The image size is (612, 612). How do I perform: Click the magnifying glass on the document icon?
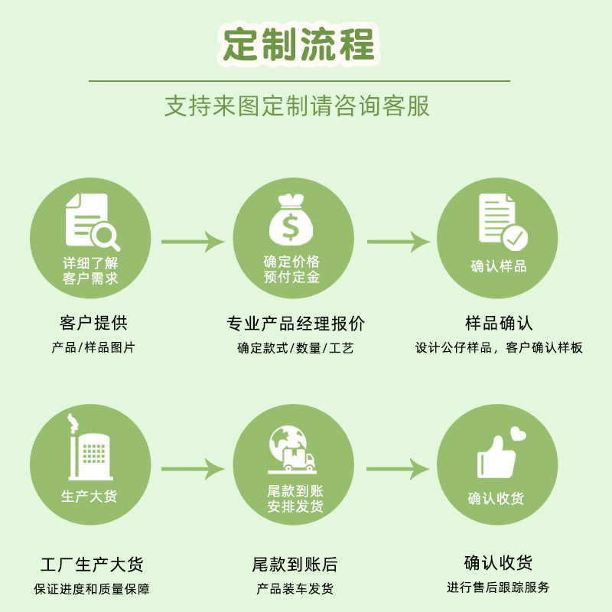106,236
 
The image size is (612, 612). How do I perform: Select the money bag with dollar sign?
292,220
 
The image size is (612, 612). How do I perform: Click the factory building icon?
90,453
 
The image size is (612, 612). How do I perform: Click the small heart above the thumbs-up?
519,434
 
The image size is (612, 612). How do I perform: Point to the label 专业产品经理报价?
296,324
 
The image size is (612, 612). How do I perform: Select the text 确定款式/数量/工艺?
296,348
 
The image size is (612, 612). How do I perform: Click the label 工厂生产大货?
92,565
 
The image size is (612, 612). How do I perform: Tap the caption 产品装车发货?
295,589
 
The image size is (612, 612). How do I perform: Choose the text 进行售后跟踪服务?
498,588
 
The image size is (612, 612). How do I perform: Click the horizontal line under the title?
299,80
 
